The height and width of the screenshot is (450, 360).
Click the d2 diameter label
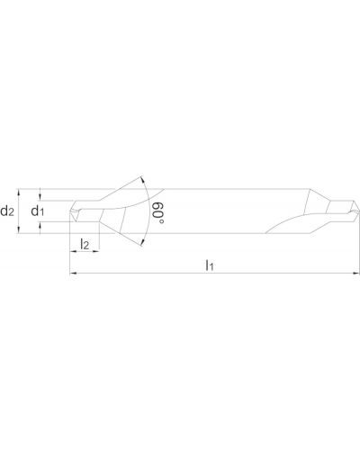(x=7, y=211)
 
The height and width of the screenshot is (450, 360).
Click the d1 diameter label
(x=38, y=211)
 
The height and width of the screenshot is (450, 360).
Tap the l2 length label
(x=85, y=244)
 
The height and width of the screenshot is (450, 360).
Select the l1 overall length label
(x=209, y=265)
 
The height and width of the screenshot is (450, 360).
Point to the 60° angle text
(x=158, y=212)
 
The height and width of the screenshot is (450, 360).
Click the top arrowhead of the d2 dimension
(x=19, y=193)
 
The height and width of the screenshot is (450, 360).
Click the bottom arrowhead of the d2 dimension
(x=19, y=229)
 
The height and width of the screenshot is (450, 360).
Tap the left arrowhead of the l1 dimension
(x=73, y=274)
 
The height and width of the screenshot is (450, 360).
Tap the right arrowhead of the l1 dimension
(x=355, y=274)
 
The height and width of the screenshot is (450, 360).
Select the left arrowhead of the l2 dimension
(x=73, y=251)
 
